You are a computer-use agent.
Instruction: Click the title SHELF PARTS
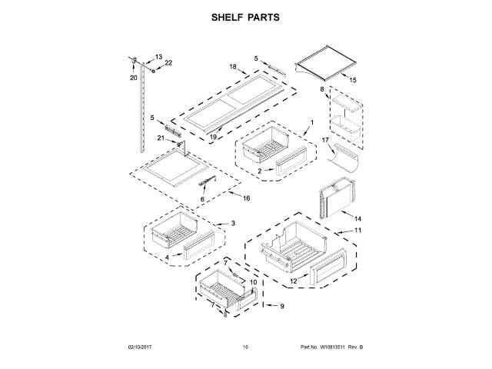coord(246,17)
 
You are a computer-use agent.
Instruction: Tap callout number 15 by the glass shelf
coord(353,80)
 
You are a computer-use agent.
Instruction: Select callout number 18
coord(232,68)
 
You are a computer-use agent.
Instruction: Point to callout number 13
coord(159,57)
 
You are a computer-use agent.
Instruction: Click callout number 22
coord(168,63)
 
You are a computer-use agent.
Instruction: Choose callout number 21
coord(161,138)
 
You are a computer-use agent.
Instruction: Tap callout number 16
coord(247,198)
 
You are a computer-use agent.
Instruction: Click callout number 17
coord(325,141)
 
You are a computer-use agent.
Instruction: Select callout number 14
coord(357,219)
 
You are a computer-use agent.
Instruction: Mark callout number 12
coord(294,281)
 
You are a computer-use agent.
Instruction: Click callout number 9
coord(281,307)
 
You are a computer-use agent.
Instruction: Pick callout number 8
coord(322,90)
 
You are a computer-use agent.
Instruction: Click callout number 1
coord(312,123)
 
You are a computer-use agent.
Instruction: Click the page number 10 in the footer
coord(245,347)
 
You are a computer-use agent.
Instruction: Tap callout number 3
coord(233,223)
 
